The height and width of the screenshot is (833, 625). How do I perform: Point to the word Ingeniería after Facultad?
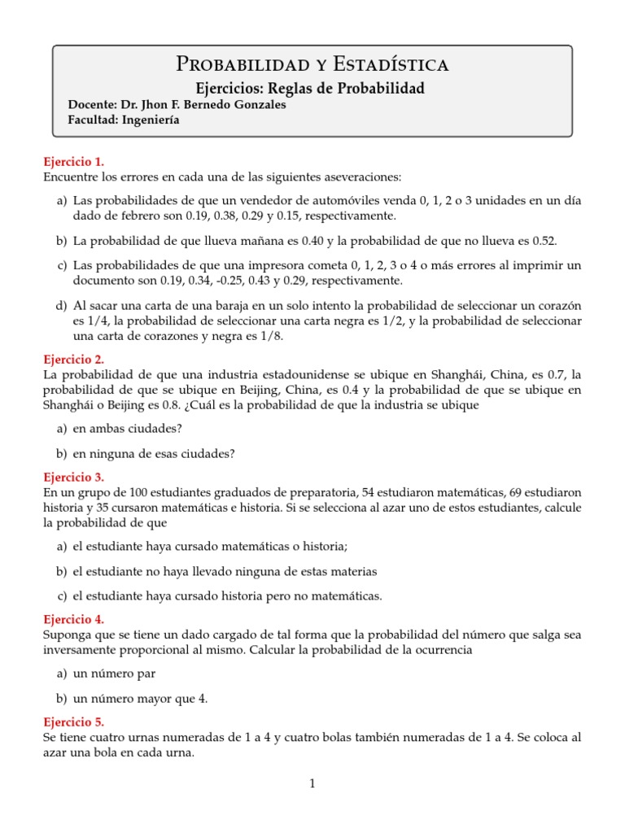[150, 120]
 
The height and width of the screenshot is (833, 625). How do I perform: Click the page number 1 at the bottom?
[312, 784]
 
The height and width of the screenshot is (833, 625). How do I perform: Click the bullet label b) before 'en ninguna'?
[61, 453]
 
